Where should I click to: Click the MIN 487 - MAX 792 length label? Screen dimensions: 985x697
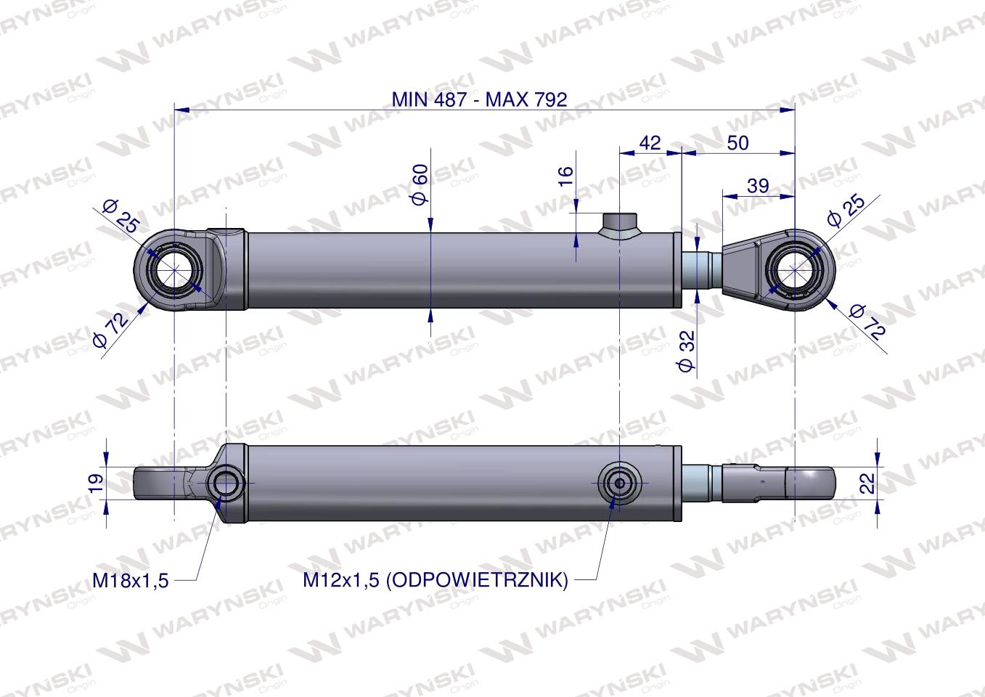tap(479, 99)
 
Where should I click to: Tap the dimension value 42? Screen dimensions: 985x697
tap(650, 143)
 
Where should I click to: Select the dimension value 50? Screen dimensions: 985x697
tap(737, 143)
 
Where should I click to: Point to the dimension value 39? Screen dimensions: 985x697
tap(758, 186)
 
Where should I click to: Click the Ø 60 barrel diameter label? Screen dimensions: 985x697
tap(420, 184)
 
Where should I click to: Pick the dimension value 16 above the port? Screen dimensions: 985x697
tap(566, 176)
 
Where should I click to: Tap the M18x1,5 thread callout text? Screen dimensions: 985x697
tap(131, 580)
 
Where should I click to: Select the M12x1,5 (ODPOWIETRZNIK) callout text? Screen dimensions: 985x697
tap(436, 580)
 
